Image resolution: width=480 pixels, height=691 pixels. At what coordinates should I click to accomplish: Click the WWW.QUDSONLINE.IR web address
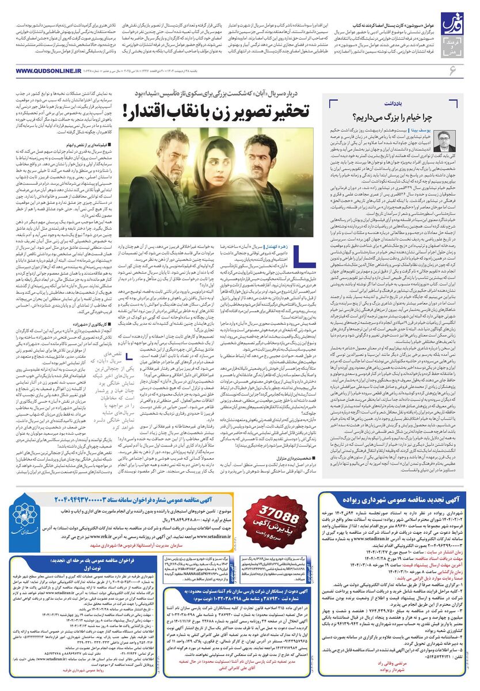(x=51, y=71)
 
